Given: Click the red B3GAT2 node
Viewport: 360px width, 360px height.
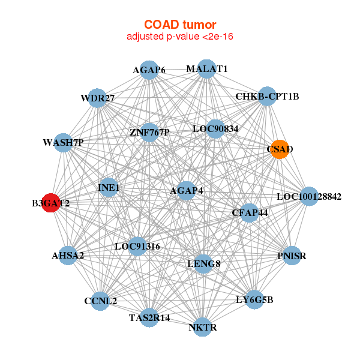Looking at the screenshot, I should coord(51,203).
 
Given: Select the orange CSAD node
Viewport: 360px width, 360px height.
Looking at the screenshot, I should coord(280,149).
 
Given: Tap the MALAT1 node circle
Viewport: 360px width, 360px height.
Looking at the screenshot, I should coord(206,68).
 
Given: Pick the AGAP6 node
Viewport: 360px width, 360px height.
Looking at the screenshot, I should coord(149,70).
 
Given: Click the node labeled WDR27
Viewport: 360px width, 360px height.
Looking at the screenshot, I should coord(97,98).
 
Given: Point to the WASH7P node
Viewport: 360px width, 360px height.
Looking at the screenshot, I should coord(63,143).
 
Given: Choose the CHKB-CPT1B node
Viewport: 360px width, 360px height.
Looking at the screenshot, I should coord(266,96).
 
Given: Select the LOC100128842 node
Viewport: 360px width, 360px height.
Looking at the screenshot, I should coord(308,196).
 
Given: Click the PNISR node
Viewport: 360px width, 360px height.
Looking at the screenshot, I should coord(292,256).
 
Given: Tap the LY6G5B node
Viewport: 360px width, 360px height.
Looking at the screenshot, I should coord(255,299).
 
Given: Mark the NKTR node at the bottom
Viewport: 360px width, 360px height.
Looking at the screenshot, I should coord(203,327).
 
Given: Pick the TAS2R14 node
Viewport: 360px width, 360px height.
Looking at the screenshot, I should coord(150,317).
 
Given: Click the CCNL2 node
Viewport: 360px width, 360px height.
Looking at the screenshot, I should coord(100,301).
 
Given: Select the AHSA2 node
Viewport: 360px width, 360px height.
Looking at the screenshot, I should coord(68,256).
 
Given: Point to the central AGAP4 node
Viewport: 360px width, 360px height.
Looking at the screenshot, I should coord(187,191).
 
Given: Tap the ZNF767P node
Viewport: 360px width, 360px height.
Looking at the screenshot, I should coord(149,132).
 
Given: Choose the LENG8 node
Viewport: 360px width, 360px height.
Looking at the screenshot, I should coord(204,263).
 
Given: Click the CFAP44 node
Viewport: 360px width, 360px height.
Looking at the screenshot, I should coord(250,212).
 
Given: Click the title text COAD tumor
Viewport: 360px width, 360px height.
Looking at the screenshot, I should coord(180,25).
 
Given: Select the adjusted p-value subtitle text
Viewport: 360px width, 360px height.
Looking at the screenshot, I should coord(180,37).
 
